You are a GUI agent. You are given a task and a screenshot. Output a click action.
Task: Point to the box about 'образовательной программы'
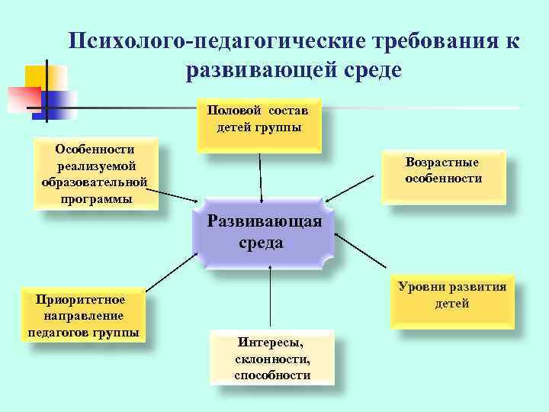[x=95, y=173]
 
